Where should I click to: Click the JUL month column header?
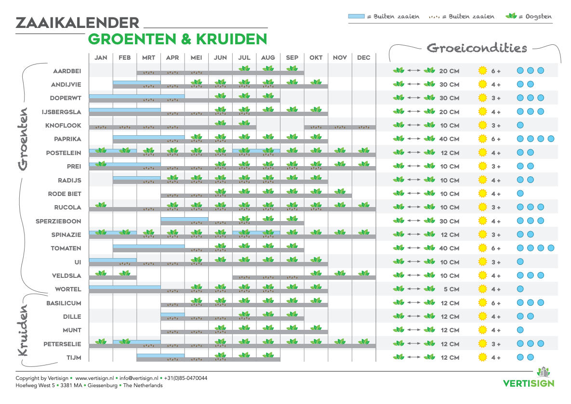pyautogui.click(x=244, y=58)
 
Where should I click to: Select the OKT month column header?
pyautogui.click(x=316, y=58)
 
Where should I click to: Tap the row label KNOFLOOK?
pyautogui.click(x=63, y=126)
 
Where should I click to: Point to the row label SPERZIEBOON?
pyautogui.click(x=58, y=222)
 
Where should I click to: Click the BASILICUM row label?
pyautogui.click(x=64, y=303)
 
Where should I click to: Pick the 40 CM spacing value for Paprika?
pyautogui.click(x=449, y=139)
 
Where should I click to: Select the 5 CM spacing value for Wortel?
pyautogui.click(x=451, y=289)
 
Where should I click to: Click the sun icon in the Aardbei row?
pyautogui.click(x=482, y=71)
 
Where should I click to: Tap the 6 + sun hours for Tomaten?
pyautogui.click(x=496, y=248)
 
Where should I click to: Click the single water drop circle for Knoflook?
pyautogui.click(x=520, y=126)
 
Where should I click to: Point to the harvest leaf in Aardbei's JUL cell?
pyautogui.click(x=244, y=69)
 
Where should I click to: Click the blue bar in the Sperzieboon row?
pyautogui.click(x=184, y=219)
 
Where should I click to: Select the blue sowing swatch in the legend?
pyautogui.click(x=356, y=16)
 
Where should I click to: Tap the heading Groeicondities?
pyautogui.click(x=477, y=48)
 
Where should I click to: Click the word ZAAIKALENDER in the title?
pyautogui.click(x=78, y=23)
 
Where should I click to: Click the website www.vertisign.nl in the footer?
pyautogui.click(x=94, y=378)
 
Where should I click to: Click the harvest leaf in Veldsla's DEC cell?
pyautogui.click(x=364, y=274)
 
